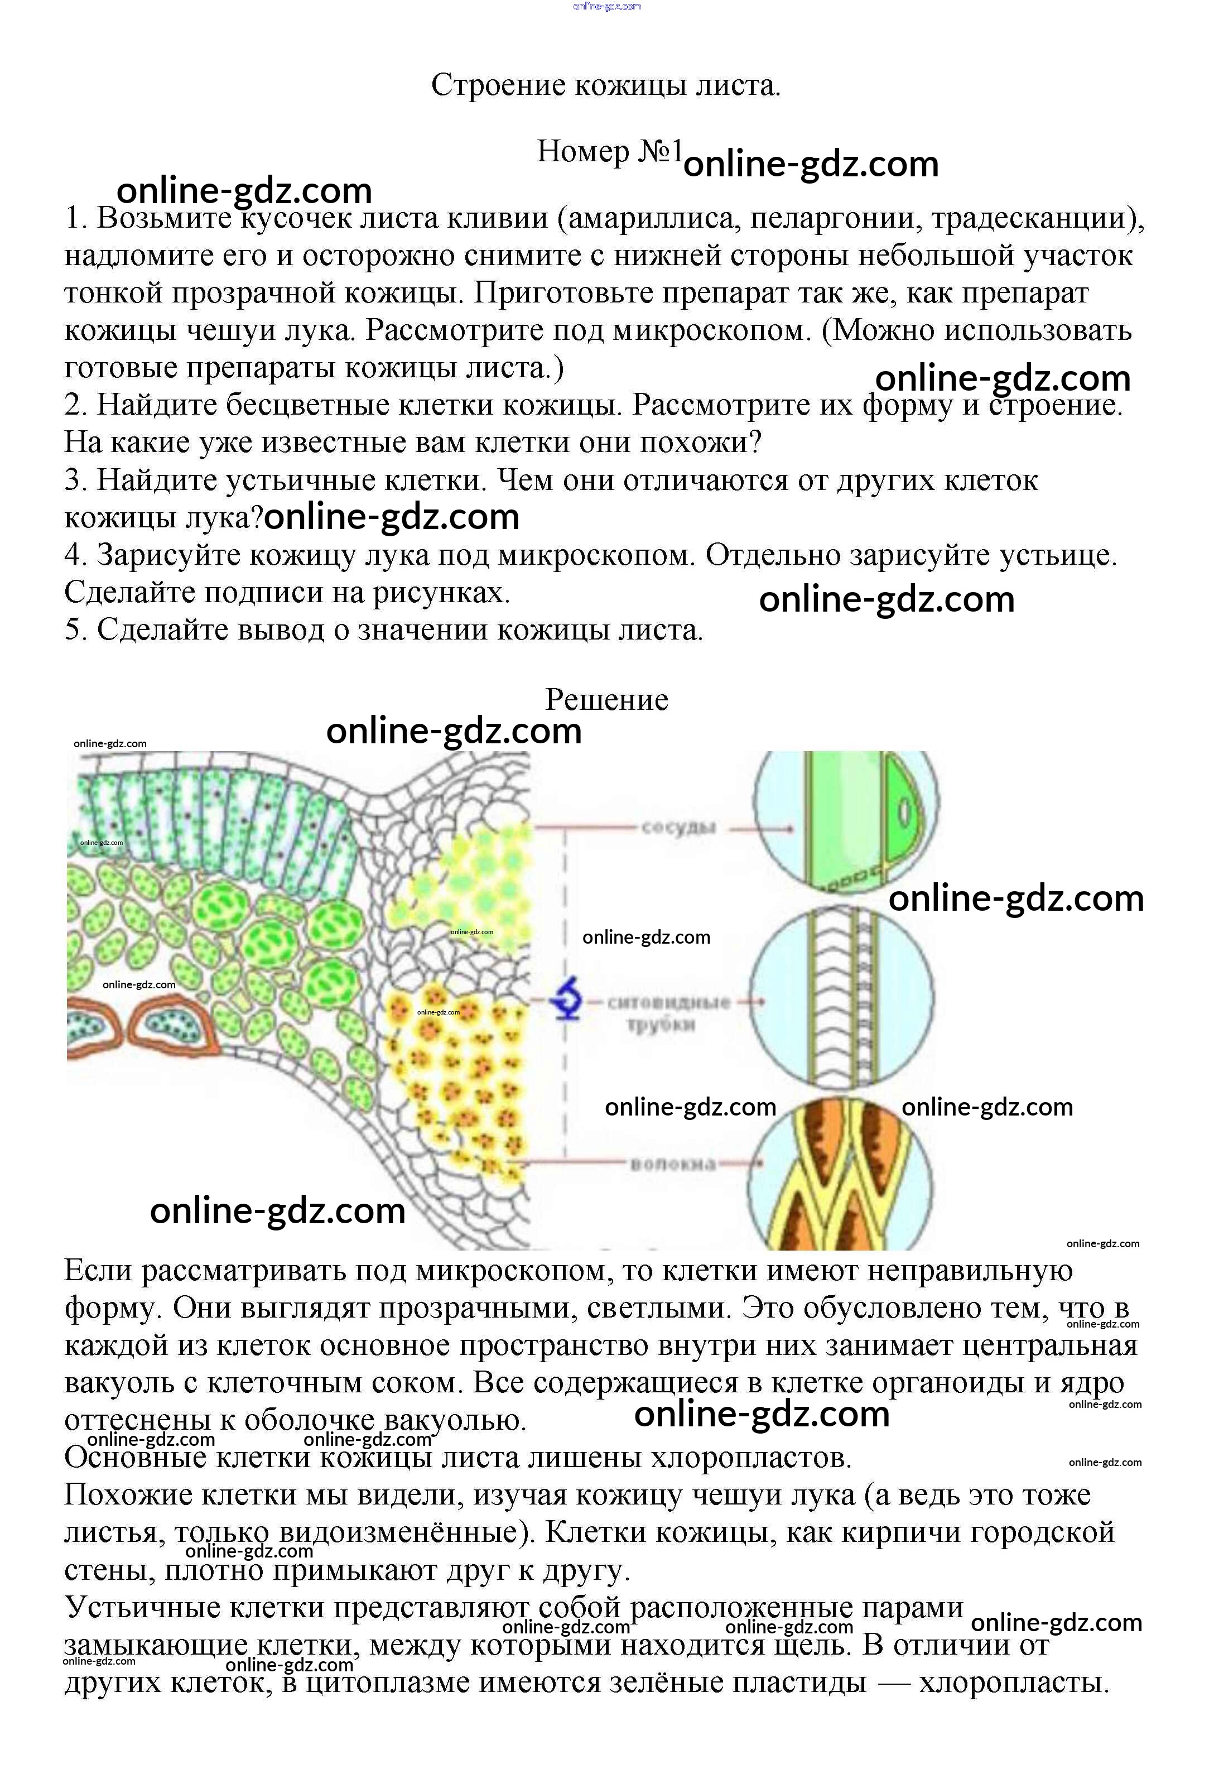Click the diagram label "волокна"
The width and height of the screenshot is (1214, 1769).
(673, 1164)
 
